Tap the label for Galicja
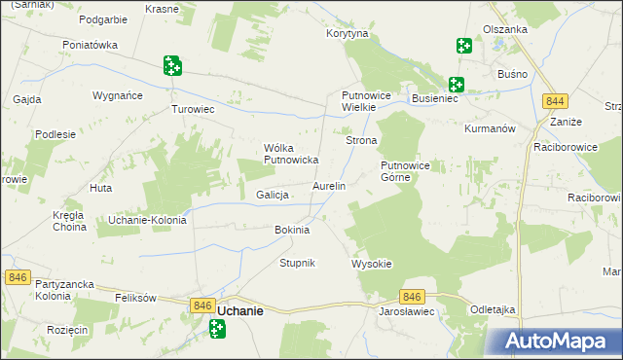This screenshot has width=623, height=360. pyautogui.click(x=274, y=195)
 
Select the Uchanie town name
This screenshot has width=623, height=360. pyautogui.click(x=238, y=310)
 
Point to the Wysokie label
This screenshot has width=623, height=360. pyautogui.click(x=370, y=264)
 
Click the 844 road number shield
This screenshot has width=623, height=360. pyautogui.click(x=556, y=102)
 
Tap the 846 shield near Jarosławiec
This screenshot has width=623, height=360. pyautogui.click(x=411, y=297)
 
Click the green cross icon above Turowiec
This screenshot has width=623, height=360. pyautogui.click(x=172, y=65)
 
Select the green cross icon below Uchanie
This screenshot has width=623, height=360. pyautogui.click(x=218, y=331)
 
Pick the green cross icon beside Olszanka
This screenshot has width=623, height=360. pyautogui.click(x=463, y=45)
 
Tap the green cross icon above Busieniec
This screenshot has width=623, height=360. pyautogui.click(x=456, y=85)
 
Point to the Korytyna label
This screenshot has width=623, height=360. pyautogui.click(x=348, y=33)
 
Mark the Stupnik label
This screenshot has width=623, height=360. pyautogui.click(x=297, y=264)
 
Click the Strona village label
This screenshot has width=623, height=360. pyautogui.click(x=361, y=141)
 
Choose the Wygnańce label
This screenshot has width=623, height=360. pyautogui.click(x=118, y=96)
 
